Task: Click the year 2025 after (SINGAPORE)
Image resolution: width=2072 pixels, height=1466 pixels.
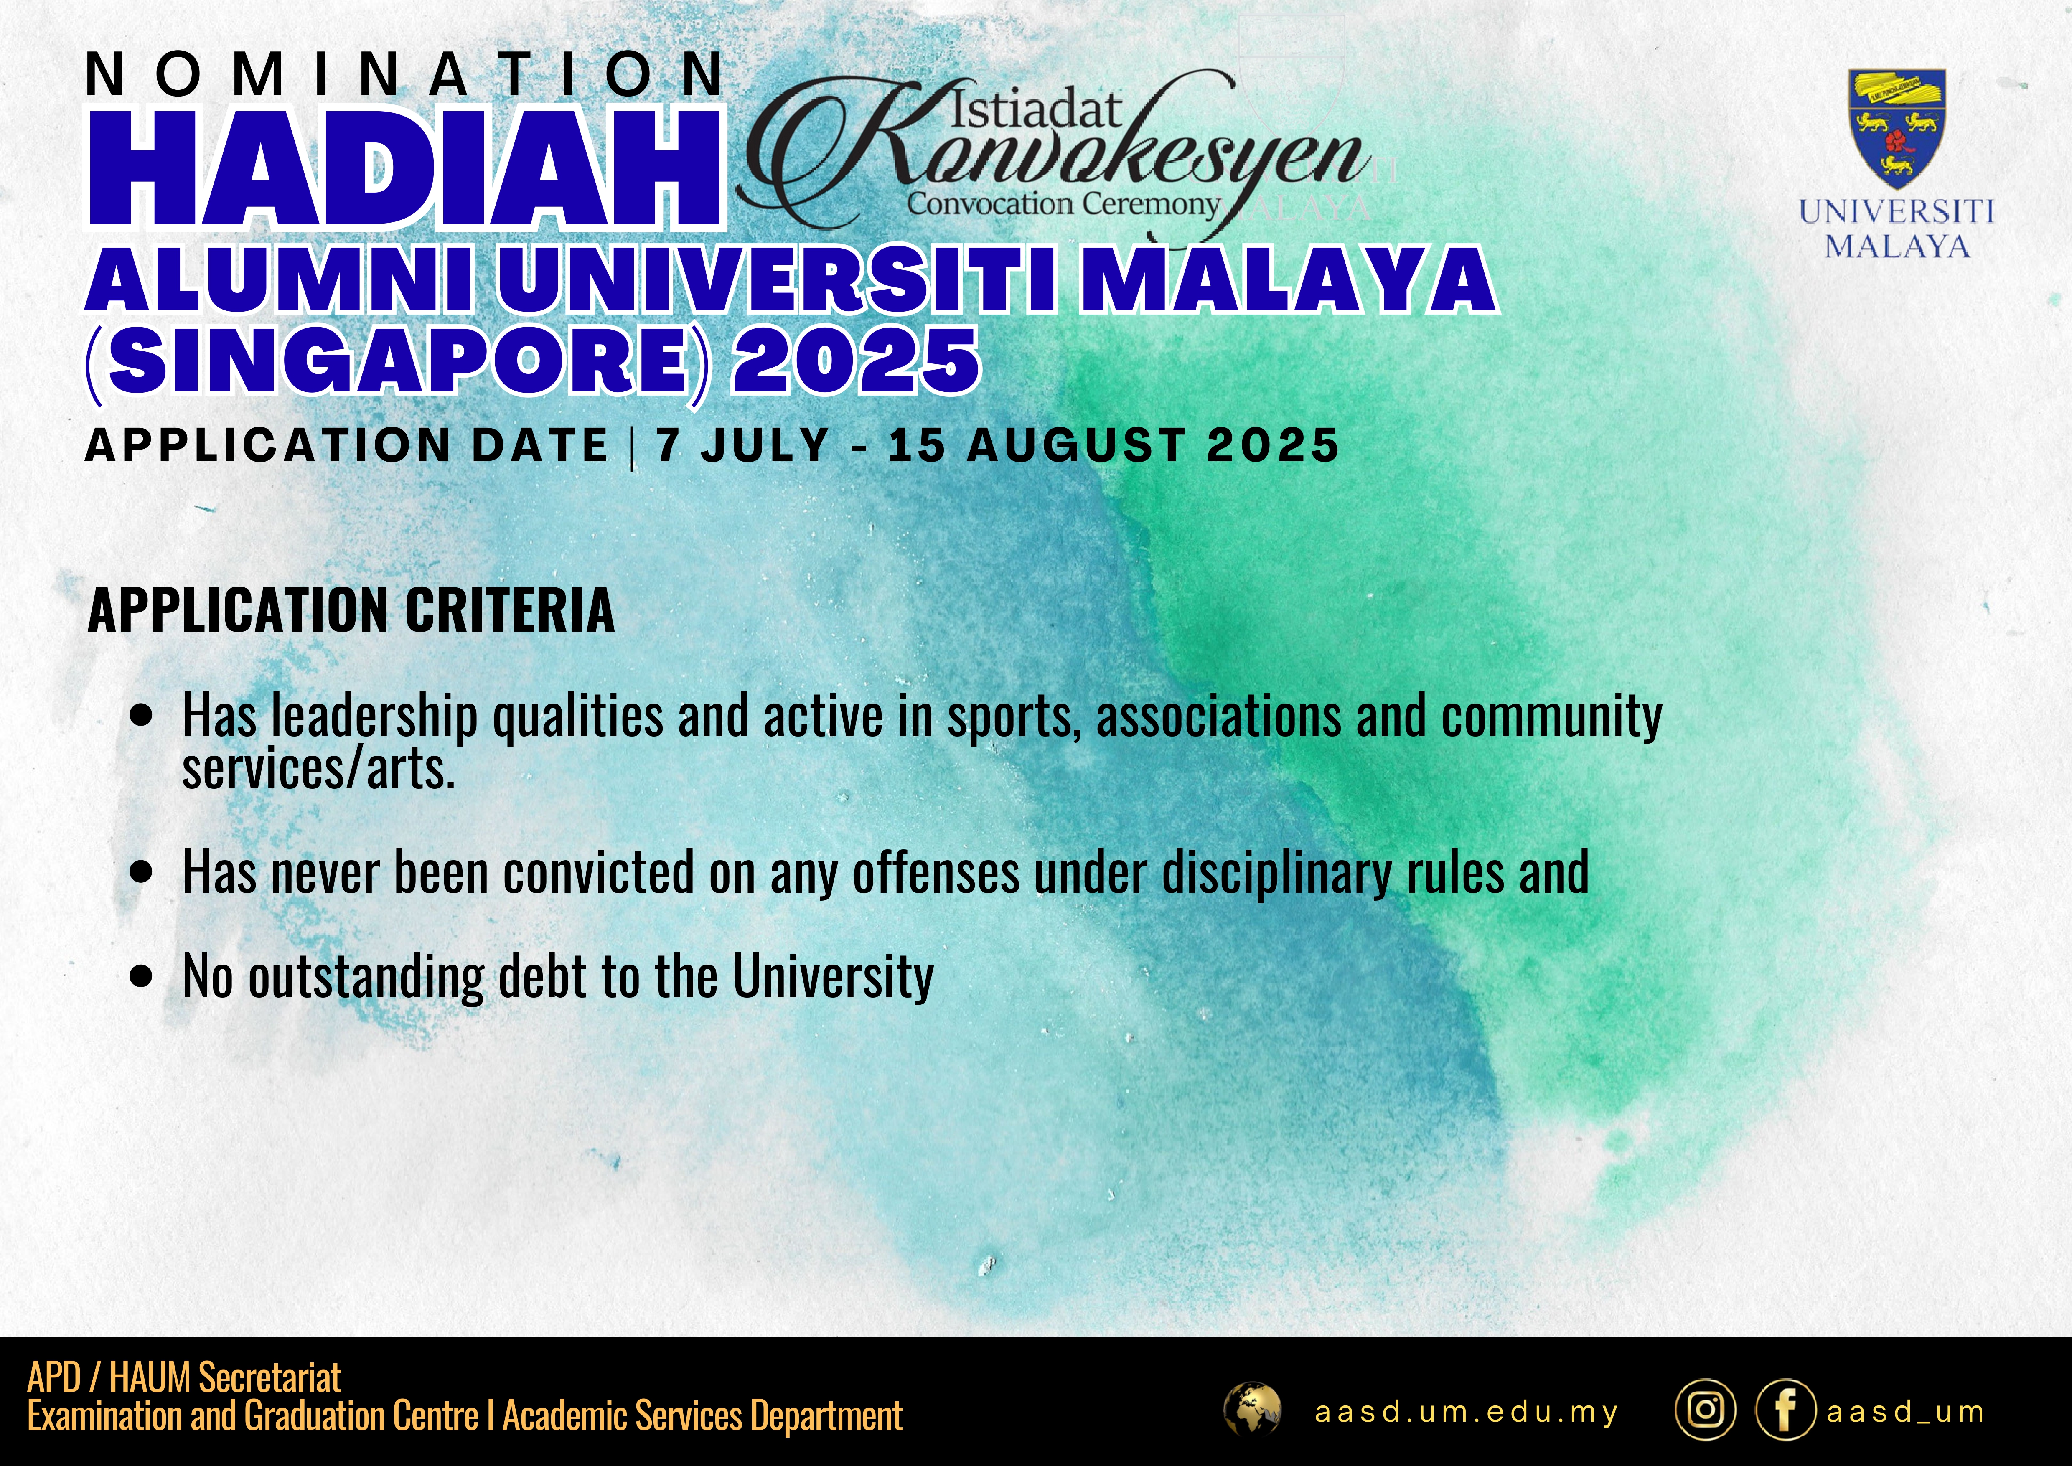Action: coord(856,361)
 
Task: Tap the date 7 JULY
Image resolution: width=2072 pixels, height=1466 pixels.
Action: coord(742,446)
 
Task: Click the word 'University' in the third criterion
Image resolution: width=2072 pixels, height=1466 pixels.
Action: coord(833,978)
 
